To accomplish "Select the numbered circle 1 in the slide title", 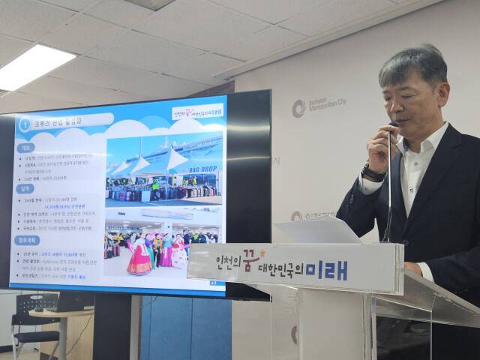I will pos(25,125).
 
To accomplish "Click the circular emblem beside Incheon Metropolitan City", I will pos(298,108).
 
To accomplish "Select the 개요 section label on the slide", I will pos(26,148).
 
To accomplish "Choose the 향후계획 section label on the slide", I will pos(28,242).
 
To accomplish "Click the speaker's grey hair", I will pos(416,64).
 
